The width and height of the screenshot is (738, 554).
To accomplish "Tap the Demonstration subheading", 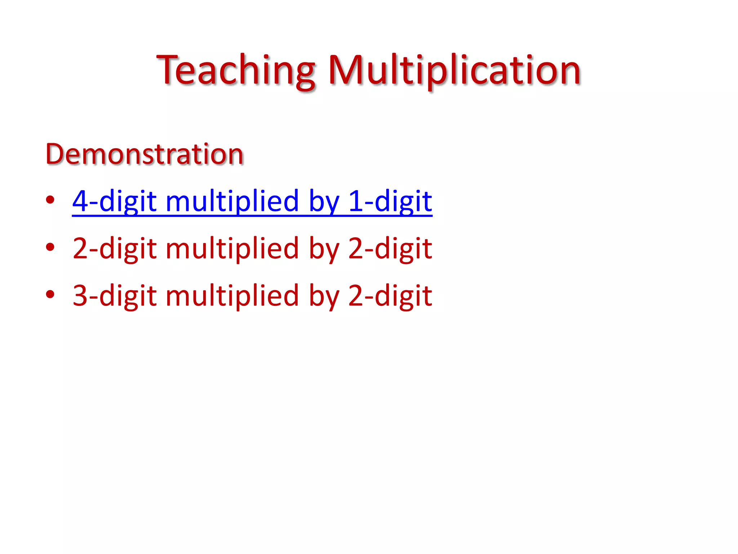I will tap(145, 154).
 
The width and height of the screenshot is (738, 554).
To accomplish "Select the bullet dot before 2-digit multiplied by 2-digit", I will tap(50, 247).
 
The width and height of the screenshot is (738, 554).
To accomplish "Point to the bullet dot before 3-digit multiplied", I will tap(50, 294).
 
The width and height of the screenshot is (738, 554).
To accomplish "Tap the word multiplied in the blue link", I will tap(232, 201).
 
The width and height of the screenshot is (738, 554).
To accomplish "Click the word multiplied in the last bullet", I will tap(232, 296).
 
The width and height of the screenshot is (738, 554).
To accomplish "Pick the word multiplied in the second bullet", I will tap(232, 249).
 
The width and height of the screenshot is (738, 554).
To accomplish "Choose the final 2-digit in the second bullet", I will tap(390, 249).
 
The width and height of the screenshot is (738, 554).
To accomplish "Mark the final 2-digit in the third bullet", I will tap(390, 296).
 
